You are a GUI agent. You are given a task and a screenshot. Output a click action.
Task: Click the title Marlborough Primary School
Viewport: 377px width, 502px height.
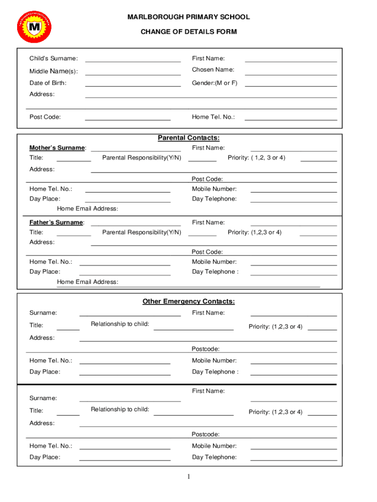[188, 17]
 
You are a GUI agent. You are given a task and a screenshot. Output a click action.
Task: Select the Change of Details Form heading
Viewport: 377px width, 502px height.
[188, 32]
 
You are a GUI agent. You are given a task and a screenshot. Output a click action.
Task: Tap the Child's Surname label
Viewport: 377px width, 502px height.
[53, 59]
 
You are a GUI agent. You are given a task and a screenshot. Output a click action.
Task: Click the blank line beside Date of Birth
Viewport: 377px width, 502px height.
[133, 83]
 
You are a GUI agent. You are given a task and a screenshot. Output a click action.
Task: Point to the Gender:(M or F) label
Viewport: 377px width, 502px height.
[214, 83]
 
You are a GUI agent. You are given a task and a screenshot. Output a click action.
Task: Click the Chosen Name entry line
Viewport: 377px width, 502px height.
[291, 72]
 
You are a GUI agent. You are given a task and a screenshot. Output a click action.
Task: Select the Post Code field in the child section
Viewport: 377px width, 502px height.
[128, 117]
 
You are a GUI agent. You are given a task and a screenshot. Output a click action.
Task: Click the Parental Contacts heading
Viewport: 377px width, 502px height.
[188, 138]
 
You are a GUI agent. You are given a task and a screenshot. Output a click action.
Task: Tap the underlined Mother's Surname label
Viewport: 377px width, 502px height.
[57, 148]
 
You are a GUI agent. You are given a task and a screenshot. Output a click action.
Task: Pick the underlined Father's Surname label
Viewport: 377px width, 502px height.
[56, 223]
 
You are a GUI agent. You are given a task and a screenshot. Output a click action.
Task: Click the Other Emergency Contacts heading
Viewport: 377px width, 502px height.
[188, 301]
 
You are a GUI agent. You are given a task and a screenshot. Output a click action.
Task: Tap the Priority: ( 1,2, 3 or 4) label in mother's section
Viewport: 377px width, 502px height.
[257, 158]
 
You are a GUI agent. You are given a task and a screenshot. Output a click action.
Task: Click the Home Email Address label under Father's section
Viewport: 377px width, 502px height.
[88, 282]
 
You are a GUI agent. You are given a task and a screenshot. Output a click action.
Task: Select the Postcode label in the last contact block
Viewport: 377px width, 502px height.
[205, 434]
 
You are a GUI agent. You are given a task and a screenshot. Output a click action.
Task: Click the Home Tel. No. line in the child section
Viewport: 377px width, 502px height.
[291, 117]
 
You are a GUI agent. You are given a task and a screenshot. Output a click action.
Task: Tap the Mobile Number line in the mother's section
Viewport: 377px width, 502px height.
[294, 189]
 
